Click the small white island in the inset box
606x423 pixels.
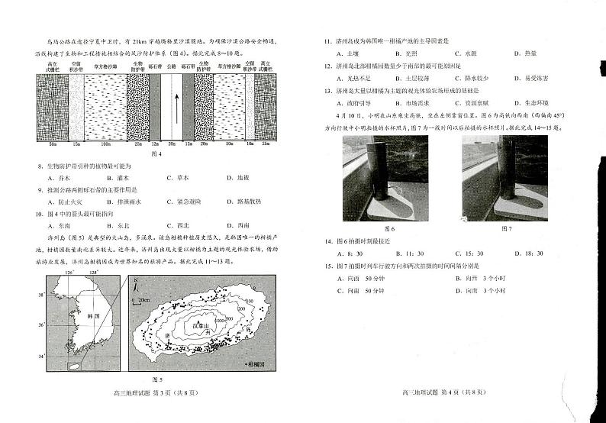[x=74, y=367]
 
